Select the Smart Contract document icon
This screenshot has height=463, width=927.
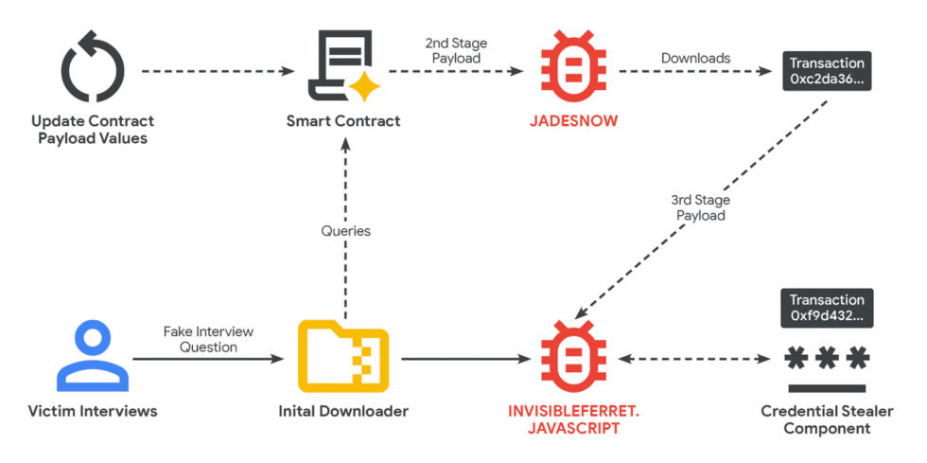click(x=342, y=67)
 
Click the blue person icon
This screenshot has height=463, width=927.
click(x=92, y=357)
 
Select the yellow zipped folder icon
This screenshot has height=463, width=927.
click(x=343, y=357)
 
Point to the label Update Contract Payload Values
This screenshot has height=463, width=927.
click(x=93, y=130)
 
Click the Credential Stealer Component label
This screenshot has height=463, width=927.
click(x=827, y=419)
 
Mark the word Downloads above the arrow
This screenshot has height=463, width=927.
click(x=695, y=58)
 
